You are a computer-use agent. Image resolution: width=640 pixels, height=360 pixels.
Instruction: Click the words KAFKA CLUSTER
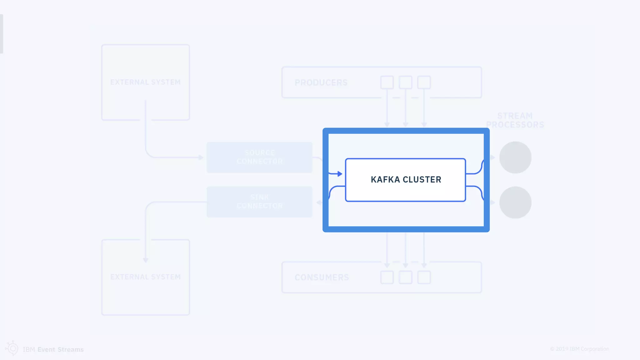(406, 180)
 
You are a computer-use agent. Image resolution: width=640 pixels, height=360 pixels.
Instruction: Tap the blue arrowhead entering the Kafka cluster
(340, 174)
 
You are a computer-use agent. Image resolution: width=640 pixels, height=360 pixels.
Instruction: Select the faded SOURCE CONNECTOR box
(259, 157)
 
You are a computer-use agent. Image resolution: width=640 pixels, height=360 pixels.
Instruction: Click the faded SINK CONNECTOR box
(259, 202)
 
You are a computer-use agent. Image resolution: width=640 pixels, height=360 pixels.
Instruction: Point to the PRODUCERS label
(321, 82)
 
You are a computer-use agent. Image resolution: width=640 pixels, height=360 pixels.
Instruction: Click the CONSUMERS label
(322, 277)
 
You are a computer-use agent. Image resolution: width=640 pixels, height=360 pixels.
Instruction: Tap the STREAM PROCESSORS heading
(515, 120)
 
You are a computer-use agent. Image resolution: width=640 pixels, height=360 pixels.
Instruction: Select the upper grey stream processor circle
(515, 157)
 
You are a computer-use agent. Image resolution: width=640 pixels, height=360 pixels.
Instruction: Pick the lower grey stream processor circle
(515, 202)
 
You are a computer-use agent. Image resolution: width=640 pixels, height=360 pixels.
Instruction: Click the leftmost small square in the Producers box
(387, 82)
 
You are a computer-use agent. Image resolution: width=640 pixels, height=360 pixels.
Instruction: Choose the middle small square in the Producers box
(405, 82)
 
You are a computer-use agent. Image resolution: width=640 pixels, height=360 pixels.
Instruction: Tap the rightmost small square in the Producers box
(424, 82)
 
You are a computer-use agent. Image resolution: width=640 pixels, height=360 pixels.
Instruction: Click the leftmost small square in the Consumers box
(387, 277)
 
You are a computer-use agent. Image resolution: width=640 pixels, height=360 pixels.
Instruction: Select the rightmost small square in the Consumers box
(424, 277)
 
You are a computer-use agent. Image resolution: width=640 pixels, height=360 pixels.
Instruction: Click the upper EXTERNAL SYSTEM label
(145, 82)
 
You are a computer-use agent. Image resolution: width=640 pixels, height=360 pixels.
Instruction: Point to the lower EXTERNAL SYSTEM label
(145, 277)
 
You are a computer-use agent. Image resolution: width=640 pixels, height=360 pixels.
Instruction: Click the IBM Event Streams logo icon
(12, 348)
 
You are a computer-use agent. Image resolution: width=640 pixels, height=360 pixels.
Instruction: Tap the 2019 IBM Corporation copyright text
(579, 349)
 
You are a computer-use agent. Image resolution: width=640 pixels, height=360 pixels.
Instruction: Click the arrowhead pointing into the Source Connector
(201, 157)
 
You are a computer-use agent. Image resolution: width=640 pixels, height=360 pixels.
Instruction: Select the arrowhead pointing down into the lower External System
(146, 260)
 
